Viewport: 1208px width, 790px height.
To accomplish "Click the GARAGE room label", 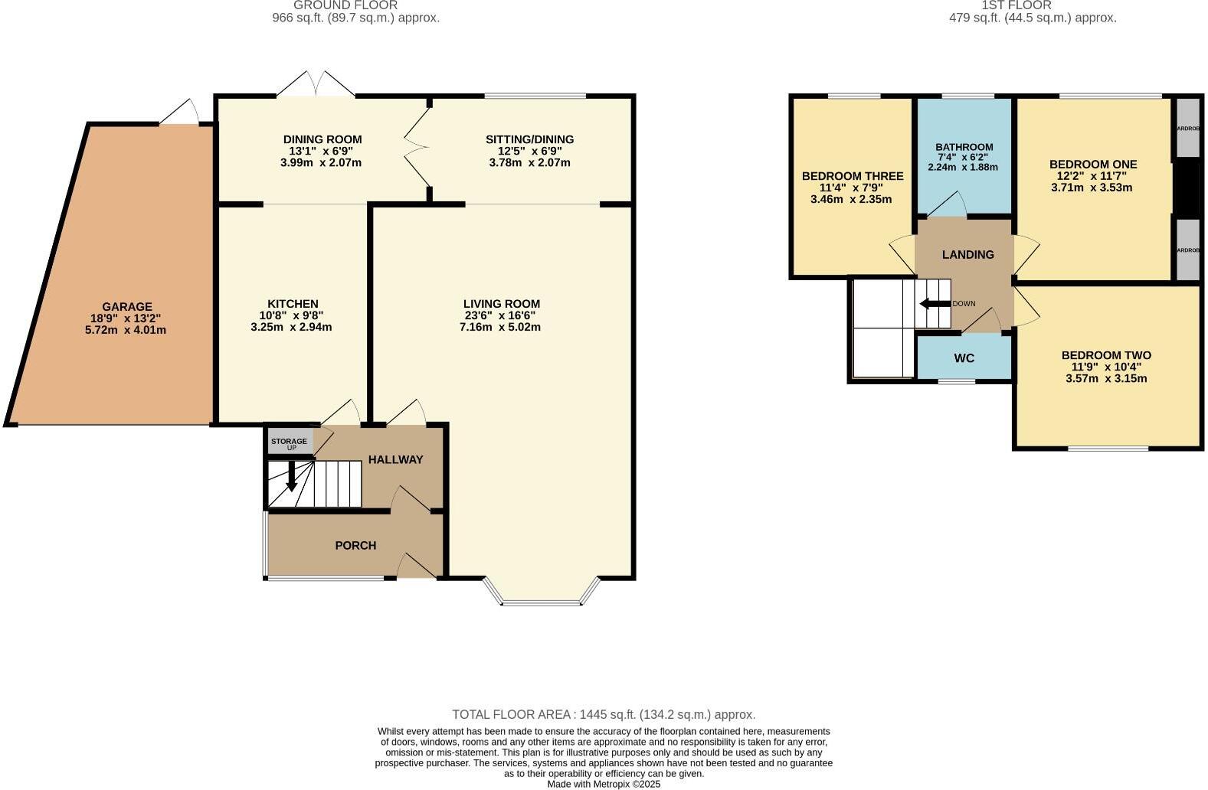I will [x=127, y=307].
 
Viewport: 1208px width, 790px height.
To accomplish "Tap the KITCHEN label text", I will [x=293, y=304].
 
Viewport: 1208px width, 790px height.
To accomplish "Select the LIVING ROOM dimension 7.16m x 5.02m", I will [x=500, y=327].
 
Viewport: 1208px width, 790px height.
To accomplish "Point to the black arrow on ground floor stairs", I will [x=291, y=476].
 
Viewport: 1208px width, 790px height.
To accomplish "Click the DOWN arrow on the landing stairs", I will [x=935, y=304].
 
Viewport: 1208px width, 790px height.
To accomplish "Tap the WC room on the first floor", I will [x=964, y=357].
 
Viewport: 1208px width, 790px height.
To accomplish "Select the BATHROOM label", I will [x=964, y=147].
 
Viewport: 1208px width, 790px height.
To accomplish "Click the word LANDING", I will [x=967, y=254].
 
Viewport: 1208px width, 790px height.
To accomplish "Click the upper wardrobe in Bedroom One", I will [x=1187, y=128].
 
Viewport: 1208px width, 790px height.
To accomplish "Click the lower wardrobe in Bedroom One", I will [x=1187, y=250].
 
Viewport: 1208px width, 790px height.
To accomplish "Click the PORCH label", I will [x=355, y=545].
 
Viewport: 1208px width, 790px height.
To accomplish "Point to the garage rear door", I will [x=179, y=113].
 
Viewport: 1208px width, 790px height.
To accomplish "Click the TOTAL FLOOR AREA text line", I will [x=604, y=714].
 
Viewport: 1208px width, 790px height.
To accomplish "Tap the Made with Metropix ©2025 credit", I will [x=604, y=784].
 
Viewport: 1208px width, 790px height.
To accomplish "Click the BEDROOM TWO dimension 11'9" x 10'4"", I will [x=1105, y=367].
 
